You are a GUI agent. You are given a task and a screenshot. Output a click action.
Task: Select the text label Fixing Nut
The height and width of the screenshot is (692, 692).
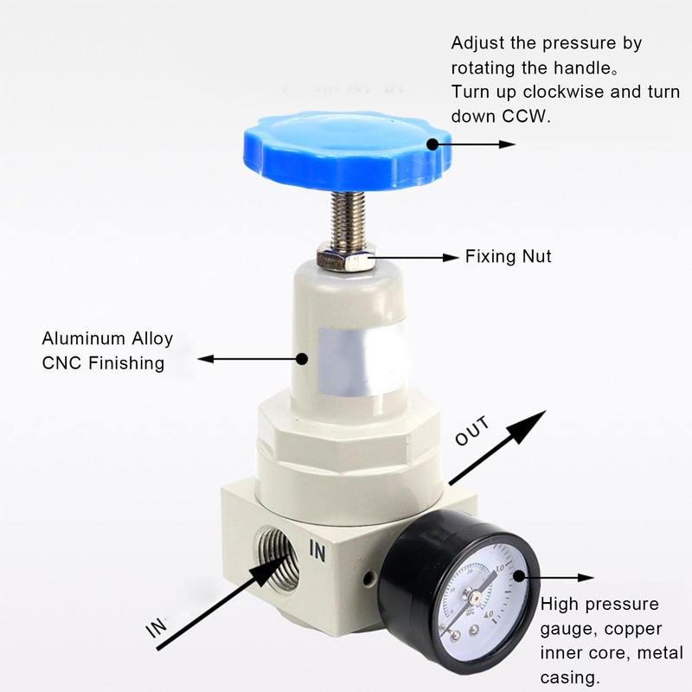point(508,257)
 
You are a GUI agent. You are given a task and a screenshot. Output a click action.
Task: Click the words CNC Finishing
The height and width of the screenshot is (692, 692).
point(103,363)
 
